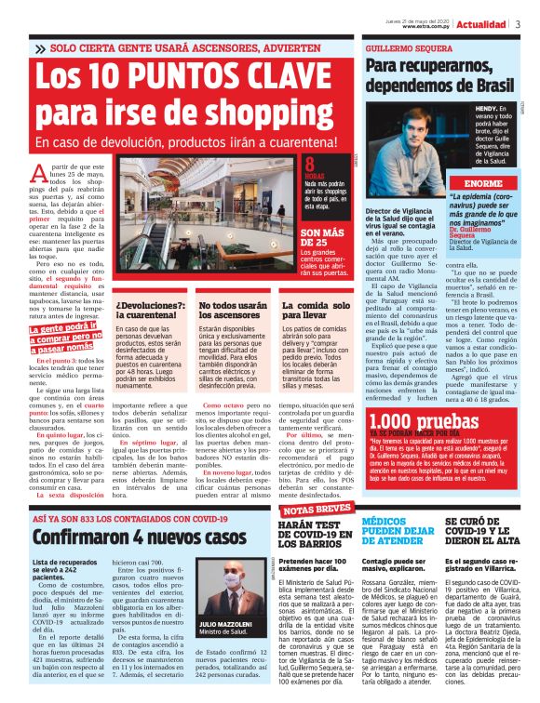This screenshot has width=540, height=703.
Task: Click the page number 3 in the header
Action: click(x=518, y=24)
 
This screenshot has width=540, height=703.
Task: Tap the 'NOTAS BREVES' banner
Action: click(x=317, y=511)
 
